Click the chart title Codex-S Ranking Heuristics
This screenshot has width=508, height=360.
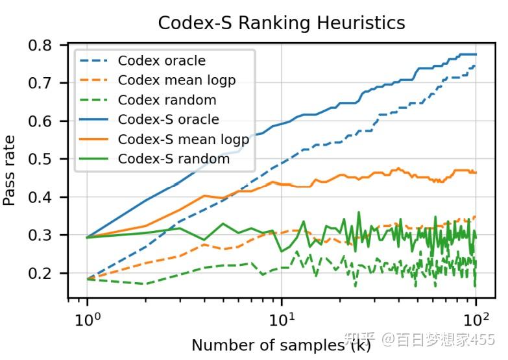coord(282,23)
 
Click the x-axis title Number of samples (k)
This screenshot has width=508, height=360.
coord(281,345)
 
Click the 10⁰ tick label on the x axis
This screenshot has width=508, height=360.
coord(87,319)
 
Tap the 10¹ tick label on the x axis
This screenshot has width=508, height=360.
coord(281,319)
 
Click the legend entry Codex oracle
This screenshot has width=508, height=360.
coord(162,61)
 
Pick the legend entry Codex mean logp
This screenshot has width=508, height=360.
coord(176,80)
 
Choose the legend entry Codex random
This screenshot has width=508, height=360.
coord(167,100)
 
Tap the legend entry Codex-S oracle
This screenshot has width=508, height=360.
coord(168,119)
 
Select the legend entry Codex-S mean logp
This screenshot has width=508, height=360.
coord(183,139)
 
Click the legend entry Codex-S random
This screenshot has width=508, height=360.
coord(173,158)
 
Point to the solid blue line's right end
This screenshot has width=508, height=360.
coord(476,54)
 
